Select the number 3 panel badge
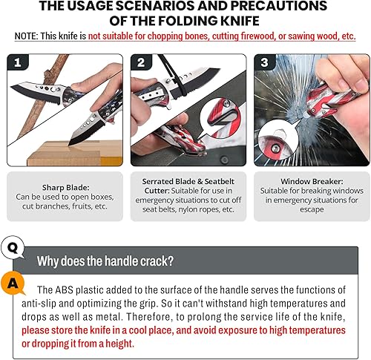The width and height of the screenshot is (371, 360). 265,64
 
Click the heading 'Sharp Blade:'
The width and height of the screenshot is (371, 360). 62,189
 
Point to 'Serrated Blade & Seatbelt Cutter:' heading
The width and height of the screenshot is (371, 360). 185,180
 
